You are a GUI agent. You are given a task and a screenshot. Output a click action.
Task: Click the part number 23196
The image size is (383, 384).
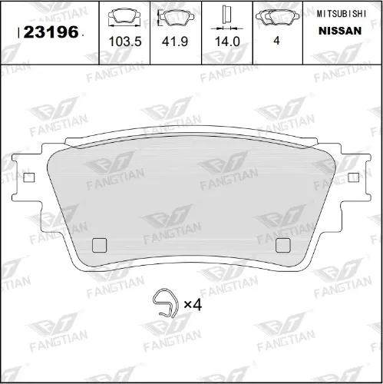click(51, 32)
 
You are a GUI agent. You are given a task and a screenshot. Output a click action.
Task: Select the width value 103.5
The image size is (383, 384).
click(125, 41)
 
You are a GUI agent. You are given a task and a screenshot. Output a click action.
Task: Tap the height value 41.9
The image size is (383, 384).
click(175, 41)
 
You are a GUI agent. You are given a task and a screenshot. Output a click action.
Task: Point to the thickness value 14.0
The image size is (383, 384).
click(227, 41)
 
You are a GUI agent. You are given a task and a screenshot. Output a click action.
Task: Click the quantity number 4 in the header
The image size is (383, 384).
click(276, 41)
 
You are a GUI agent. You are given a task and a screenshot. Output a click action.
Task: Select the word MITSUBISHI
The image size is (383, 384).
click(342, 14)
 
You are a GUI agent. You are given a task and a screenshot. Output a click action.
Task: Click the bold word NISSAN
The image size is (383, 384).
click(340, 31)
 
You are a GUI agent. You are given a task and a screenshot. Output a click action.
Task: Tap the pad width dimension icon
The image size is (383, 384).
click(124, 17)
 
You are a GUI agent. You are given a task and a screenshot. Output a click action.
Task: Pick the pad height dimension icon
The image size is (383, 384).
click(176, 18)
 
